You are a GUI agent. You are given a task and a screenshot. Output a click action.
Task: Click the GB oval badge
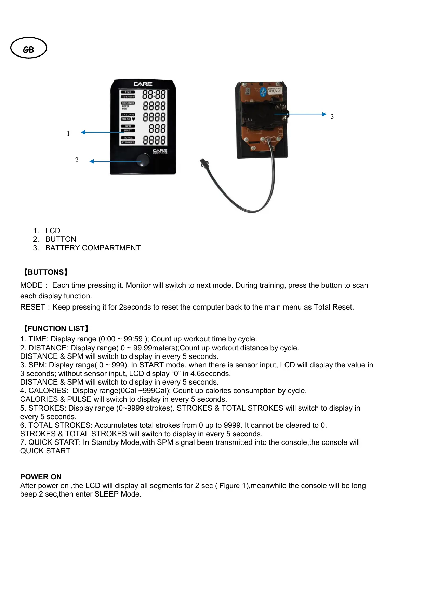pyautogui.click(x=28, y=48)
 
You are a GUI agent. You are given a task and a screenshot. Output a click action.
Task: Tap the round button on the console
pyautogui.click(x=143, y=160)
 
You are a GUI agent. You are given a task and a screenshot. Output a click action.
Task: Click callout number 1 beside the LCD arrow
pyautogui.click(x=68, y=134)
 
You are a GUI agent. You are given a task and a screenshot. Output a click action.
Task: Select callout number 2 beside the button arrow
pyautogui.click(x=77, y=160)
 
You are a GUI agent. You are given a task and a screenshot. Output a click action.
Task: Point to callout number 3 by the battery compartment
pyautogui.click(x=332, y=117)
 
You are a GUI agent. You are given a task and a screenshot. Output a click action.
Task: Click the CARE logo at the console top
pyautogui.click(x=143, y=84)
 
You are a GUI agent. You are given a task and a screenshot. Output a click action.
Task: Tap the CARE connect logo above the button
pyautogui.click(x=160, y=151)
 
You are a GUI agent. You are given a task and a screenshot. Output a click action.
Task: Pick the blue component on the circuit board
pyautogui.click(x=263, y=92)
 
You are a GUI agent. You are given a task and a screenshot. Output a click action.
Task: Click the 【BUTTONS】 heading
pyautogui.click(x=45, y=272)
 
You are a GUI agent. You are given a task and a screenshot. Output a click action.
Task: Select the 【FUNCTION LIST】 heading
pyautogui.click(x=56, y=329)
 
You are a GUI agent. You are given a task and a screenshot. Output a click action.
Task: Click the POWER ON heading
pyautogui.click(x=41, y=477)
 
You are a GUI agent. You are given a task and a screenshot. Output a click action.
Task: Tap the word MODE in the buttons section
pyautogui.click(x=31, y=285)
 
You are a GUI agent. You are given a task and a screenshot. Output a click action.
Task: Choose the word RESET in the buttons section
pyautogui.click(x=32, y=307)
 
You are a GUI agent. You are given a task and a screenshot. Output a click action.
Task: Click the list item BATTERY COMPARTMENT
pyautogui.click(x=93, y=248)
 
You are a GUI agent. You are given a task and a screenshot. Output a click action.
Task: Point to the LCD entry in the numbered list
pyautogui.click(x=53, y=231)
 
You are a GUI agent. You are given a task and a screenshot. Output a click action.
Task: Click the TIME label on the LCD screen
pyautogui.click(x=128, y=92)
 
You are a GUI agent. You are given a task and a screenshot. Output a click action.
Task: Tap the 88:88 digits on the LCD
pyautogui.click(x=154, y=95)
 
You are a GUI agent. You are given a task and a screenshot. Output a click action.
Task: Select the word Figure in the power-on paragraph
pyautogui.click(x=229, y=486)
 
